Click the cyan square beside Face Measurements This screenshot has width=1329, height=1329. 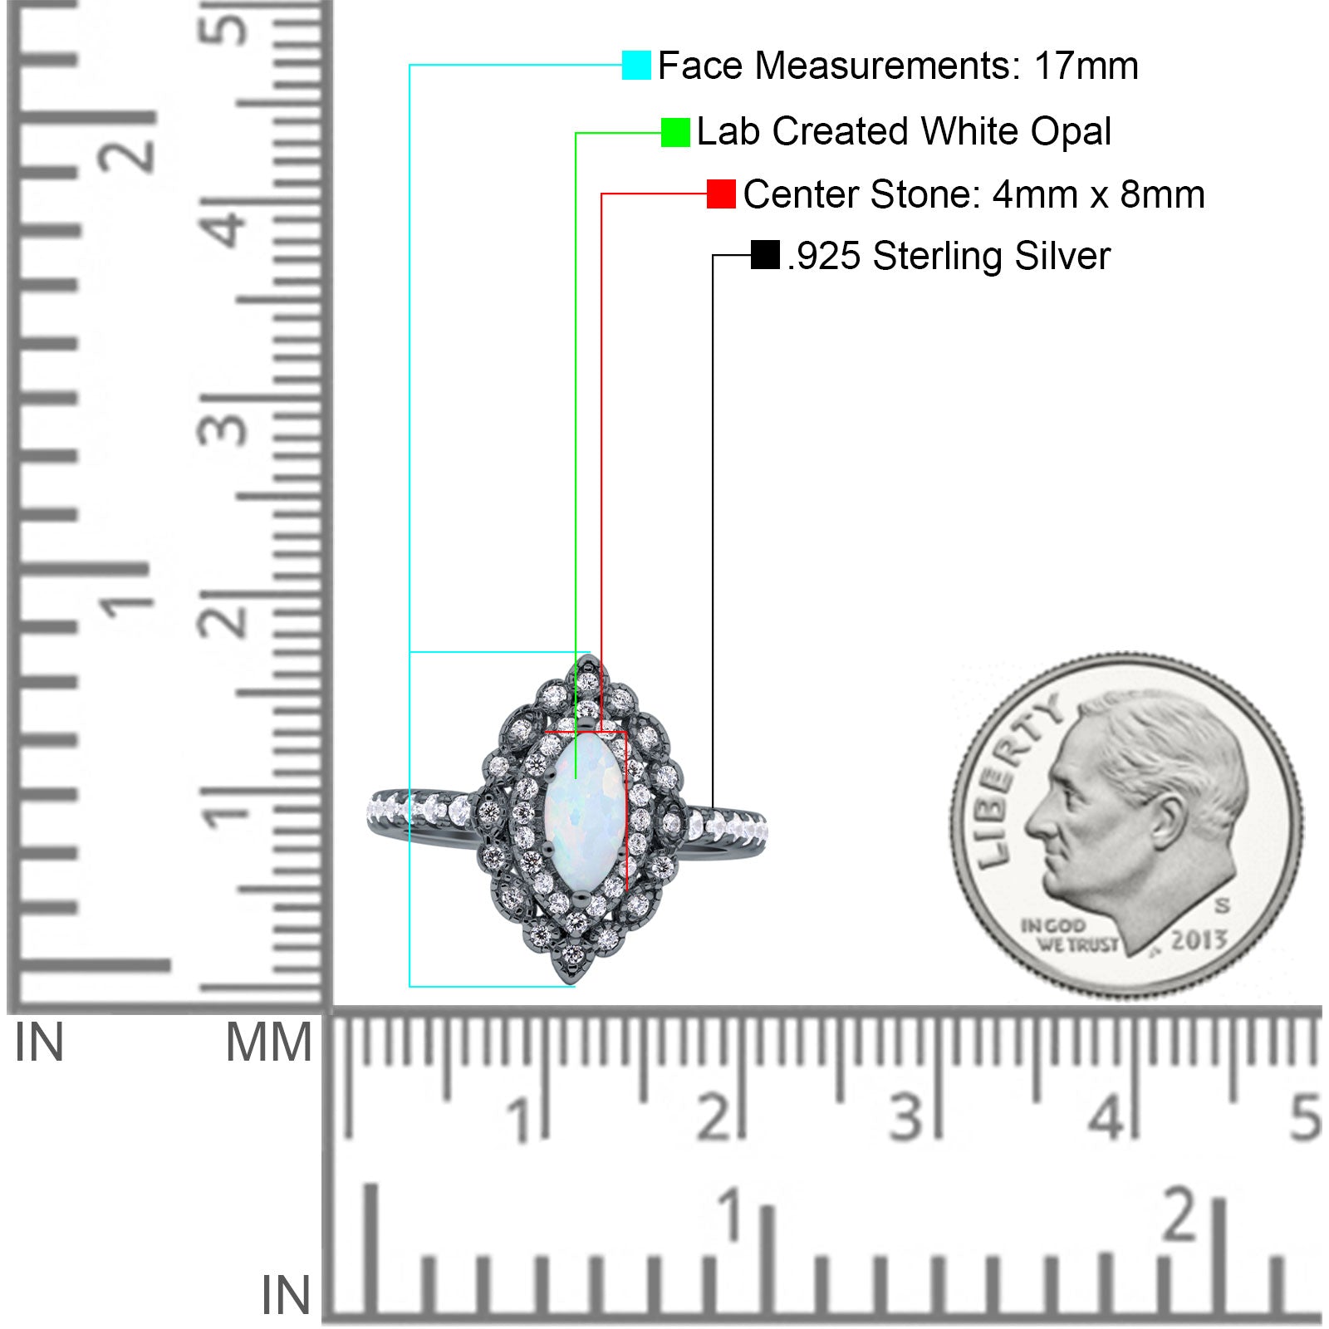(636, 65)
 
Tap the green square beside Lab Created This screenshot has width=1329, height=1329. (675, 132)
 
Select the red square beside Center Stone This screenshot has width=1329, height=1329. (721, 194)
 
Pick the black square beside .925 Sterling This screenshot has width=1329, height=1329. (765, 255)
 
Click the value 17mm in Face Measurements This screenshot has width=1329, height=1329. (1086, 66)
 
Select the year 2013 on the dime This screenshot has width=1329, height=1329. (1199, 939)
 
